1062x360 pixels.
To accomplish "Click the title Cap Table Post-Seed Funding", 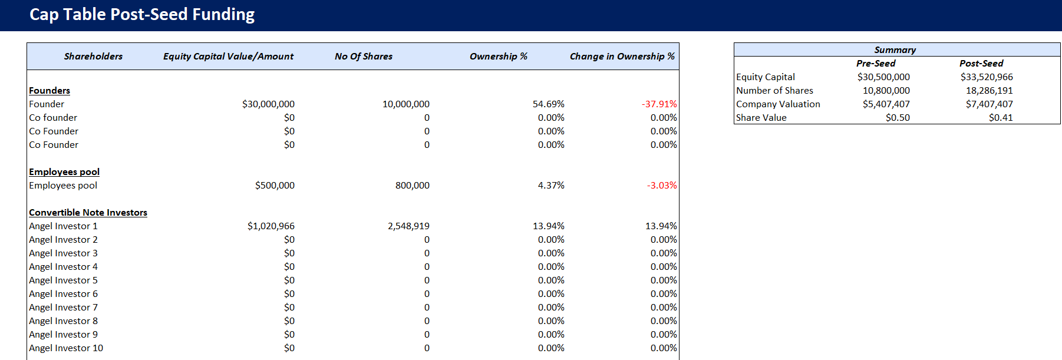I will (x=142, y=15).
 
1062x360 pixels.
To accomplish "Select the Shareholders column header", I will (x=93, y=57).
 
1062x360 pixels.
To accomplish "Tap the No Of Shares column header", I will (x=363, y=57).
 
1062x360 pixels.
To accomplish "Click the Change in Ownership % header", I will (x=622, y=57).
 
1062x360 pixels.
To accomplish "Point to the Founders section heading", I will (x=50, y=91).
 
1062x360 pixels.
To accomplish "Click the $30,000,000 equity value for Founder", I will (x=268, y=104).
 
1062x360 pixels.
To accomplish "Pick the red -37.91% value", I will (x=659, y=104).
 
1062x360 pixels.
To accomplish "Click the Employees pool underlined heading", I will (x=64, y=172).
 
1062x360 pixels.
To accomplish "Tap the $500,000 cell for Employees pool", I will (x=275, y=186).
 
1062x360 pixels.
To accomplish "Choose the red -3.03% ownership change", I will (x=662, y=186).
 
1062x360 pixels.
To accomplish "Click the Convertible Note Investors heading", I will (x=88, y=213).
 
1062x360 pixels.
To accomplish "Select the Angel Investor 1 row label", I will (x=63, y=226).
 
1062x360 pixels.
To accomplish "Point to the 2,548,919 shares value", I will (x=408, y=226).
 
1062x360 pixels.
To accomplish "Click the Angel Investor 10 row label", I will (x=66, y=348).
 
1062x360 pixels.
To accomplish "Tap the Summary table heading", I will (x=895, y=50).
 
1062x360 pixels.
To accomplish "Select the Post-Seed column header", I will (x=981, y=64).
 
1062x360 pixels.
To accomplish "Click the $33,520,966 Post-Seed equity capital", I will (x=986, y=77).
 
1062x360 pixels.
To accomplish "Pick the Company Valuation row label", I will (x=778, y=104).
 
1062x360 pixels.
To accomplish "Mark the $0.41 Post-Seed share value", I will (x=1000, y=118).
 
